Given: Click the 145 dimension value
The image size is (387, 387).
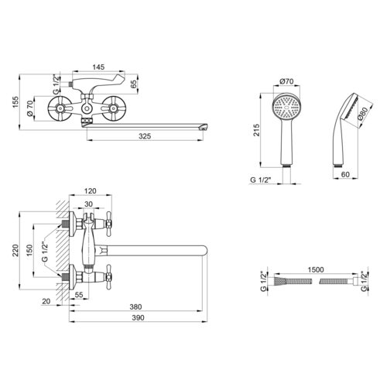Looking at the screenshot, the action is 98,67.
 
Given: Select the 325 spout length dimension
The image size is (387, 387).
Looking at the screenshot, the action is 145,136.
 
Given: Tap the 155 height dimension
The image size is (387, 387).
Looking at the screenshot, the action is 15,102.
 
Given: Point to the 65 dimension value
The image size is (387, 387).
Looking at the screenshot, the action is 133,84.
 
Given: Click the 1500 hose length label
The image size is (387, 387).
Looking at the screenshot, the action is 316,269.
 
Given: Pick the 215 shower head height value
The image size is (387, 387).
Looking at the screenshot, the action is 256,130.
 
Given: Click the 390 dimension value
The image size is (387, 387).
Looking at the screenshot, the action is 138,318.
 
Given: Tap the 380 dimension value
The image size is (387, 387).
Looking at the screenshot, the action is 135,307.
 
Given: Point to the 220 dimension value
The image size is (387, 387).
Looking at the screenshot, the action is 15,250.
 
